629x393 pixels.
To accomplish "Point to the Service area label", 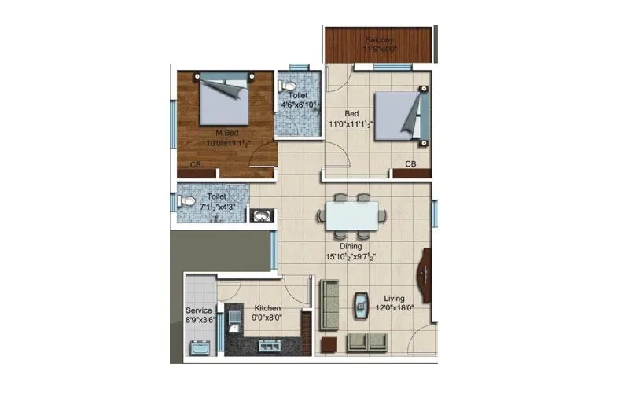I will (199, 310).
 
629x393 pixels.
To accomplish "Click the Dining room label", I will (350, 246).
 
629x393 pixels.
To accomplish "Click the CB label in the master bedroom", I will (196, 164).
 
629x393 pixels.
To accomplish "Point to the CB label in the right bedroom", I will (410, 163).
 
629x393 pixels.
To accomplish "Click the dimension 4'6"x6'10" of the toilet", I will (300, 105).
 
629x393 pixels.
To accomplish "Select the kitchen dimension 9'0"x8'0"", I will (267, 318).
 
